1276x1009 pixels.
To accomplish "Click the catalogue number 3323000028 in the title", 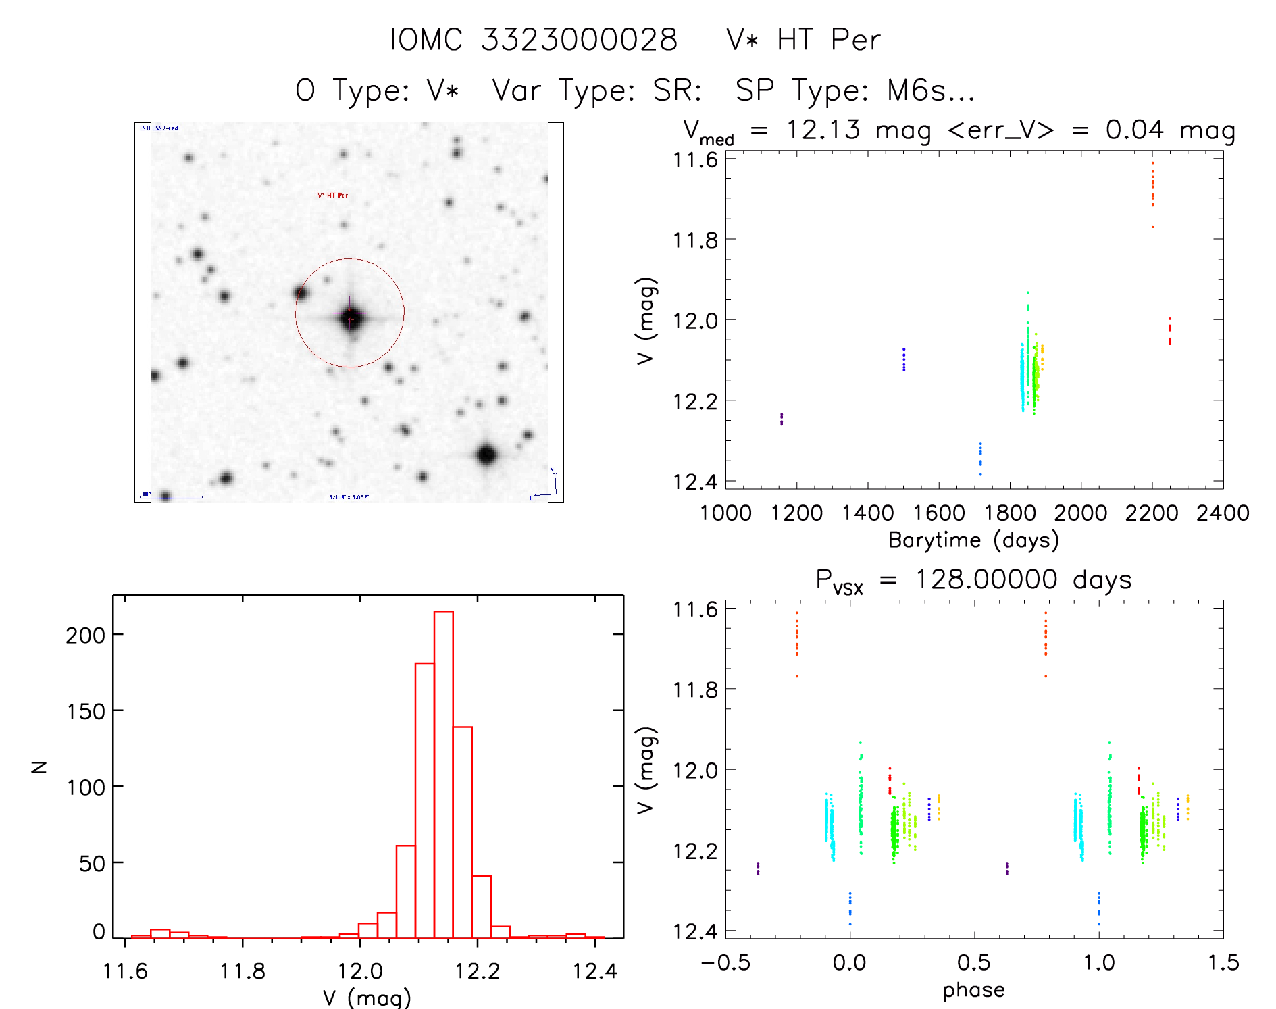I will pos(579,40).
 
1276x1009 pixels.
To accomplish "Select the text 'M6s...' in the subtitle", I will pos(931,90).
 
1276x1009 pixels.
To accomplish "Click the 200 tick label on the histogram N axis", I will pos(85,635).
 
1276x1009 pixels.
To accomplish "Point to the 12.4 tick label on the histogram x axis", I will pos(595,971).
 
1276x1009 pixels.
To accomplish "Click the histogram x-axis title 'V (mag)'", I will pos(367,997).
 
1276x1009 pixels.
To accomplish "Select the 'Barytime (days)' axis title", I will pos(973,540).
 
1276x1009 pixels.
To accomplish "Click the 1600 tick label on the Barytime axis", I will pos(939,513).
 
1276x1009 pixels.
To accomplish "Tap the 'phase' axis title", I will pos(973,990).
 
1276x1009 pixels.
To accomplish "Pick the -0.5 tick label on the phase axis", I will pos(725,963).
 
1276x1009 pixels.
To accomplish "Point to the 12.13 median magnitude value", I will pos(823,130).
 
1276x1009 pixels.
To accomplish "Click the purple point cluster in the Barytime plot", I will pos(782,419).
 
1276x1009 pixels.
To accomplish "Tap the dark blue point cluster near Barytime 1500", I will pos(904,359).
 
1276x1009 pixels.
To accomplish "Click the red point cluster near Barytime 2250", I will pos(1169,332).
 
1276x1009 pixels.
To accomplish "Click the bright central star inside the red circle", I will pos(350,316).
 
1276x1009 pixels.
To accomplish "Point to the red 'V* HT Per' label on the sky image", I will pos(333,195).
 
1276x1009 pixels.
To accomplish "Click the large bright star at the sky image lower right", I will pos(486,455).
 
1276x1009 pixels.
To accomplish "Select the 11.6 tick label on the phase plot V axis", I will pos(695,610).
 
